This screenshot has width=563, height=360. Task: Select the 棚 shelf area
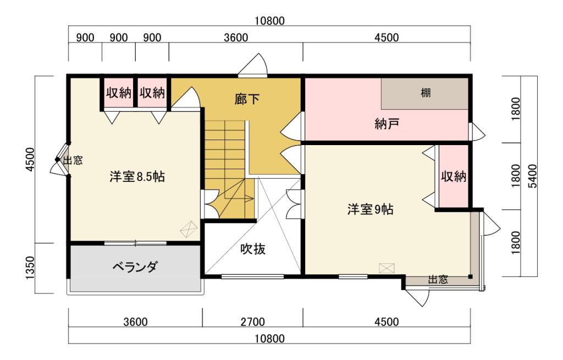click(425, 93)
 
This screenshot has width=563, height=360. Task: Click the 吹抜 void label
click(253, 249)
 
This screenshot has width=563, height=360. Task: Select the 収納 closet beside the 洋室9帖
click(454, 176)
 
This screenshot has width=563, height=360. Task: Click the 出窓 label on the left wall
click(73, 160)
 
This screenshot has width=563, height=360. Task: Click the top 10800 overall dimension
click(269, 21)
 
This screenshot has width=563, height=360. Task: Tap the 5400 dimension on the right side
click(532, 176)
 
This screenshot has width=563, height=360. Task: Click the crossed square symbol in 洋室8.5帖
click(188, 228)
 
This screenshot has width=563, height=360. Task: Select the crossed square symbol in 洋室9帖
click(387, 268)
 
